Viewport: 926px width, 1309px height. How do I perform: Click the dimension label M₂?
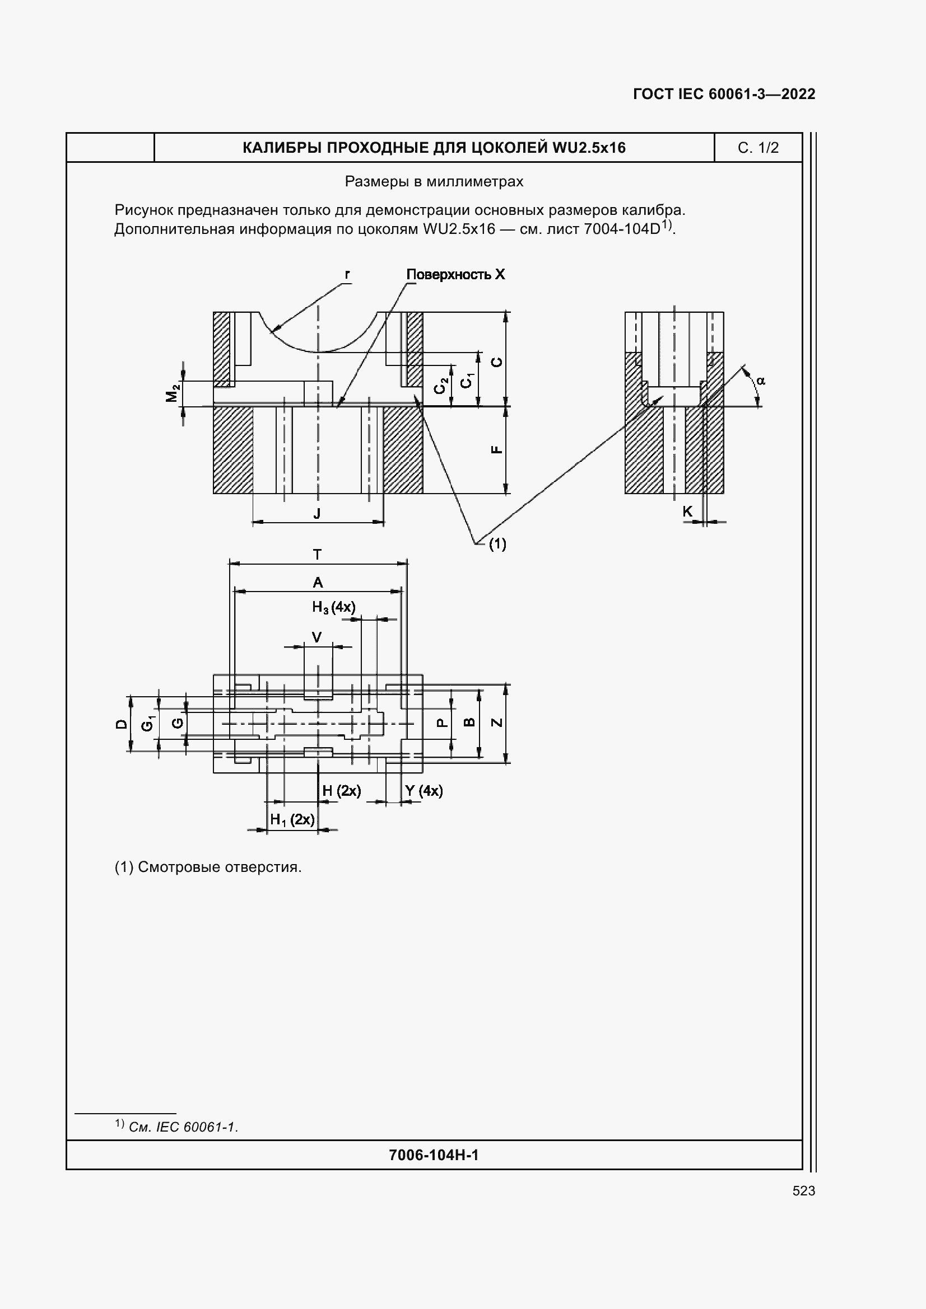[x=173, y=393]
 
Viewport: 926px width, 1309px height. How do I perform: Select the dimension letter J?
[x=317, y=513]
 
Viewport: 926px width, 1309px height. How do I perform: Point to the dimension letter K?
[x=687, y=512]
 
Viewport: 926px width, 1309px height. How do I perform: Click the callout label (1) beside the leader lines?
[x=497, y=544]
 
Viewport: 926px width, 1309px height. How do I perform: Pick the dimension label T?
[x=318, y=554]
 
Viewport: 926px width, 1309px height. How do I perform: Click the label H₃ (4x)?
[x=334, y=607]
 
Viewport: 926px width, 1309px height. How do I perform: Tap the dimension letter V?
[x=317, y=637]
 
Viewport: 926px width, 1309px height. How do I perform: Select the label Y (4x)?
[x=424, y=791]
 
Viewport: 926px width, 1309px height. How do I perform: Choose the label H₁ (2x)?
[x=292, y=820]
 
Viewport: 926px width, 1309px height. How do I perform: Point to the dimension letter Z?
[x=497, y=722]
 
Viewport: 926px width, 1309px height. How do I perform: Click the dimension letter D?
[x=122, y=724]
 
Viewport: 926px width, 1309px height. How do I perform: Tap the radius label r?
[x=347, y=274]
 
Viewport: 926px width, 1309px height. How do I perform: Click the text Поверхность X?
[x=455, y=275]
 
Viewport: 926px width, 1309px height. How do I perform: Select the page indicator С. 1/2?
[x=758, y=148]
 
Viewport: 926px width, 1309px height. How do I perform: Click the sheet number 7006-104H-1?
[x=434, y=1155]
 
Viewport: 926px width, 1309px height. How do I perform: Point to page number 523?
[x=803, y=1190]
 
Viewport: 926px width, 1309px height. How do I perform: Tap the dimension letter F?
[x=497, y=449]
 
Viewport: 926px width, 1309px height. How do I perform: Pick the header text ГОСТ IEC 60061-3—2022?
[x=724, y=94]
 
